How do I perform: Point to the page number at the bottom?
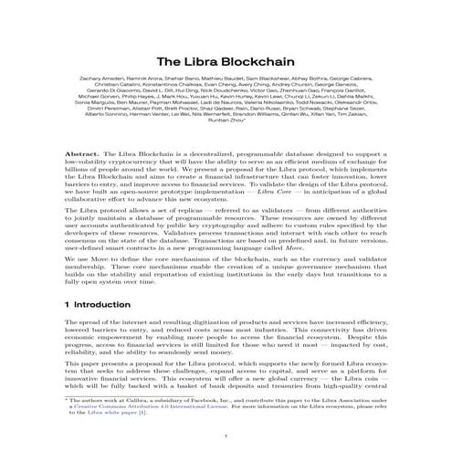click(x=226, y=436)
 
